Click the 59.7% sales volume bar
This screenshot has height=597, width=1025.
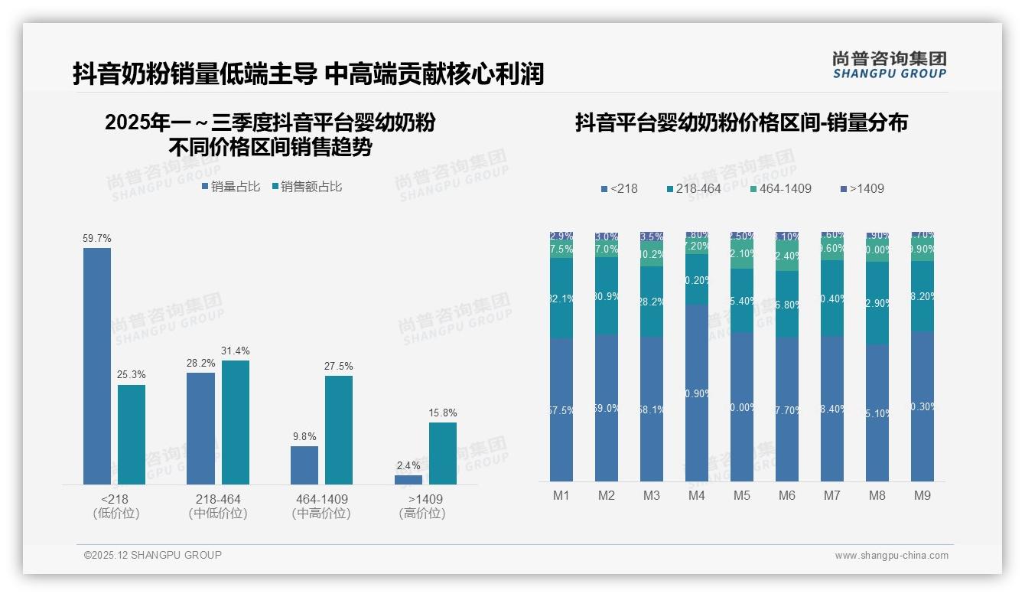coord(97,366)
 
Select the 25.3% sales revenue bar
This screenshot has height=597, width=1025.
coord(132,434)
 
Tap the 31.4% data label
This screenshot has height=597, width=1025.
coord(235,351)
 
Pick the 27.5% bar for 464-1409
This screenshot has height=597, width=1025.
coord(339,429)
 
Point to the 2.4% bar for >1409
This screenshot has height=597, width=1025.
coord(408,479)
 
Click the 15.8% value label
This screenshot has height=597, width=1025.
coord(443,413)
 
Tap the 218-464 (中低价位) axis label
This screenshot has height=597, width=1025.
coord(218,506)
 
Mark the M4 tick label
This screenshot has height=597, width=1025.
coord(696,495)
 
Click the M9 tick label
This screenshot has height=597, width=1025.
coord(922,495)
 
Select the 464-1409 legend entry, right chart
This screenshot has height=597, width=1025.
coord(779,188)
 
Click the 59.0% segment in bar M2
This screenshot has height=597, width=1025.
coord(607,408)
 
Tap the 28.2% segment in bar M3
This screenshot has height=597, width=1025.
coord(652,302)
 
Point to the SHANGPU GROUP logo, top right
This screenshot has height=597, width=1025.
coord(890,65)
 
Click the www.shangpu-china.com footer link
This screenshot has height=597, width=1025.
coord(891,556)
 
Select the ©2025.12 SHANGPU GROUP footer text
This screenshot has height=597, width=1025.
coord(152,555)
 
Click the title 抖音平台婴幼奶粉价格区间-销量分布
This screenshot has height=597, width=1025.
coord(741,123)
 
